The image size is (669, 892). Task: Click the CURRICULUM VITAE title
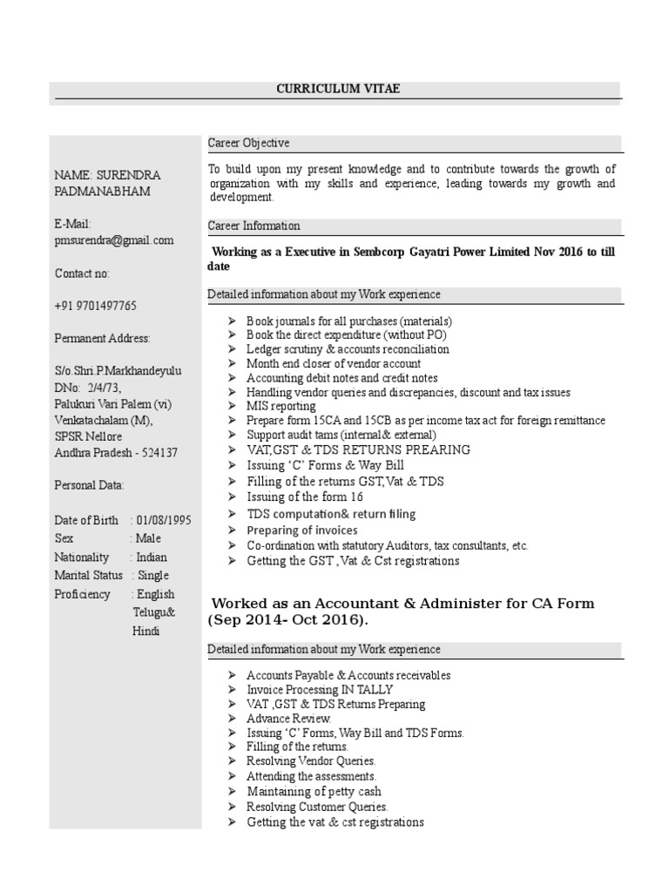[339, 89]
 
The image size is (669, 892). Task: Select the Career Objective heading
[248, 143]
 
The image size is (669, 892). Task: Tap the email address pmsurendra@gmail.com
[113, 240]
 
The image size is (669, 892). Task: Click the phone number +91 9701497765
[95, 306]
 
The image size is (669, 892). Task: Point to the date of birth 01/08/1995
[164, 520]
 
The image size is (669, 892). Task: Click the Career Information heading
[253, 226]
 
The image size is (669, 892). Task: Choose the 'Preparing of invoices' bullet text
[302, 530]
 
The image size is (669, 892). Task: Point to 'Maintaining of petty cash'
[314, 792]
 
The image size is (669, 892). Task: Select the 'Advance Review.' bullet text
[288, 719]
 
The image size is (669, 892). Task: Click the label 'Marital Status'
[87, 575]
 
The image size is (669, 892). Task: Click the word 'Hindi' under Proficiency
[146, 631]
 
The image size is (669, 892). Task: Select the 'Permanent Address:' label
[102, 338]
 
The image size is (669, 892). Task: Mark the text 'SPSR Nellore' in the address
[88, 436]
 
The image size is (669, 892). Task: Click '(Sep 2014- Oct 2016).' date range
[287, 620]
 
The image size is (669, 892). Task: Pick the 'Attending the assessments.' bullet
[311, 776]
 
